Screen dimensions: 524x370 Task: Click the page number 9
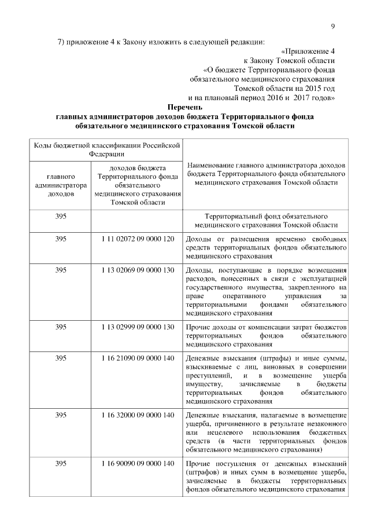pos(334,25)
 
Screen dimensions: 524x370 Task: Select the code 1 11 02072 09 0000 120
pos(137,239)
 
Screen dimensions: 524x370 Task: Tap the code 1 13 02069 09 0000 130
pos(137,270)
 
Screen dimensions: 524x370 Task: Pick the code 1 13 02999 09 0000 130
pos(137,327)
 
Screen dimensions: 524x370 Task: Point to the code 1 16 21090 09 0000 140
pos(137,358)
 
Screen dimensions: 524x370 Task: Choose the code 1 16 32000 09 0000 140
pos(137,415)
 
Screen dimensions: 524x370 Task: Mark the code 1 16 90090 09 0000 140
pos(137,463)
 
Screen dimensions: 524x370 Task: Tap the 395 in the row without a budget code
pos(61,216)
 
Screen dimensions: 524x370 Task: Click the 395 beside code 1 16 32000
pos(61,415)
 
